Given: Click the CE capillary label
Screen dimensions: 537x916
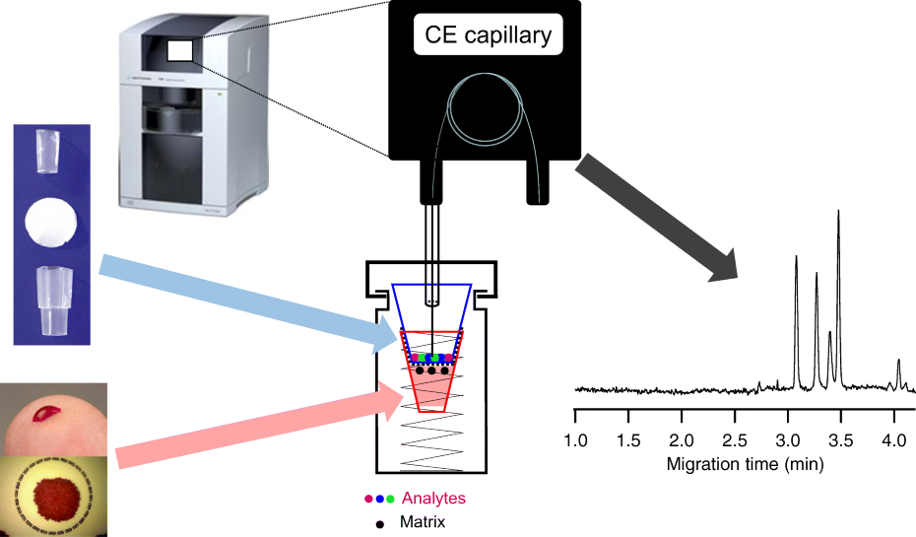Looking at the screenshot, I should coord(487,36).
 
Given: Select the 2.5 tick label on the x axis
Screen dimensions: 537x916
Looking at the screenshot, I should coord(734,436).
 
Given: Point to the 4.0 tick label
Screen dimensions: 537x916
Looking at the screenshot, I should coord(893,436).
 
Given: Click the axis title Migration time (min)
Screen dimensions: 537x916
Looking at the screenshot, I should coord(745,461).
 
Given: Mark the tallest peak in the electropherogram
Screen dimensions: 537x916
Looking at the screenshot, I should coord(838,212).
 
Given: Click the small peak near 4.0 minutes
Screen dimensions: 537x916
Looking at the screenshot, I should coord(898,362).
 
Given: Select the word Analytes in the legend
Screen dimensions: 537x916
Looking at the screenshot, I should coord(433,499).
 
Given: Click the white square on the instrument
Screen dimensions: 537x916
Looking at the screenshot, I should coord(180,51).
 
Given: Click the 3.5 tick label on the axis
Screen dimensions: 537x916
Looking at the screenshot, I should coord(840,436).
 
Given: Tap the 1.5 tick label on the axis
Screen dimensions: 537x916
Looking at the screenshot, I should coord(628,436).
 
